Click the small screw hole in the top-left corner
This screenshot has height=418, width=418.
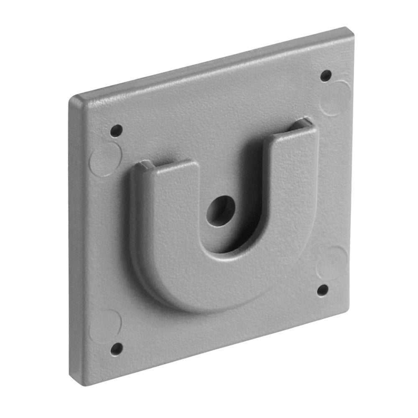pyautogui.click(x=116, y=130)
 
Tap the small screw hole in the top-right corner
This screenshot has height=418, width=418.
pyautogui.click(x=326, y=76)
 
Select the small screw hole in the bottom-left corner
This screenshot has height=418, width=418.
pyautogui.click(x=117, y=348)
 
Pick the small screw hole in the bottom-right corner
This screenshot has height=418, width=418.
pyautogui.click(x=322, y=290)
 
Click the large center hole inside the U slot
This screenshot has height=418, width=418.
pyautogui.click(x=220, y=211)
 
